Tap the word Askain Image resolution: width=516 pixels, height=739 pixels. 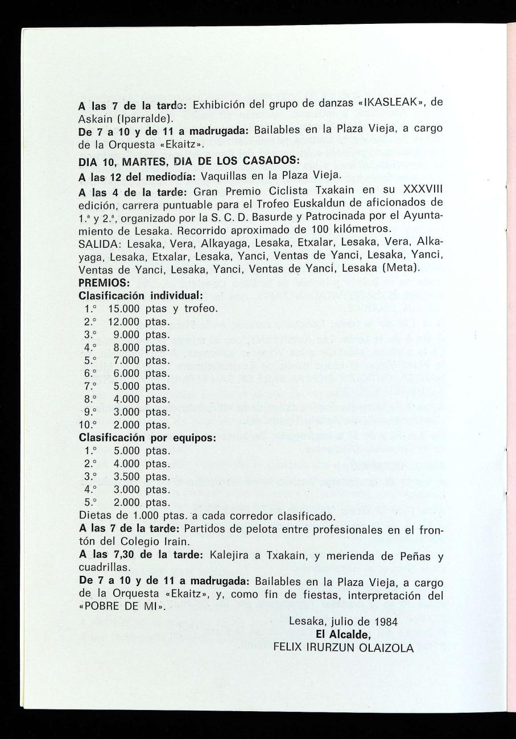coord(96,118)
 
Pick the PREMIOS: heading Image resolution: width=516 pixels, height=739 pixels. coord(104,282)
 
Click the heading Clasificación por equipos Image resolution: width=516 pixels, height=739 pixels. coord(147,438)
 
